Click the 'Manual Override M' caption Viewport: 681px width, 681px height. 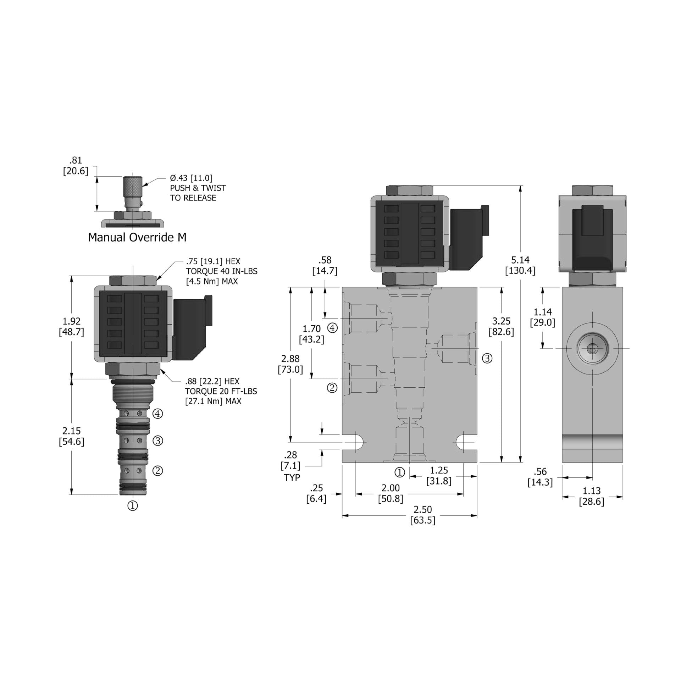137,237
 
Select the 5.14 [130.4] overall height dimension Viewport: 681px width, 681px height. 520,265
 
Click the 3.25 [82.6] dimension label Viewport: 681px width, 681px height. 501,326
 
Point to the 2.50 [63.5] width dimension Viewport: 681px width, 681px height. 422,515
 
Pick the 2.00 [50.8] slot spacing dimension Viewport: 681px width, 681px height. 391,493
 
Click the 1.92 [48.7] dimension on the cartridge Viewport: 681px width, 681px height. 71,327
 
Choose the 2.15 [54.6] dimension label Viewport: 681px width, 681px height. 71,436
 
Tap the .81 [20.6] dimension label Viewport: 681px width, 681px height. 75,166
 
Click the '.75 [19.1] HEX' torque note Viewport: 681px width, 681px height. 221,271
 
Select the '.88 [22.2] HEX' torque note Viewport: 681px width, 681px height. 221,391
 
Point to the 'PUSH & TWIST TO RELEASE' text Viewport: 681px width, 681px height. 198,193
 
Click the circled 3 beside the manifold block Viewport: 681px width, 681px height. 487,359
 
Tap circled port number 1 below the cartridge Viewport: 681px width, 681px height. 132,505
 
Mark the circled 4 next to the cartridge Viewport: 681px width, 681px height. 157,414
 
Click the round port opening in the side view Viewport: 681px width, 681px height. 592,349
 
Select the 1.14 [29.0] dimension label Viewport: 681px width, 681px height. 542,317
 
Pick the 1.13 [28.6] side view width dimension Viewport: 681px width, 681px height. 591,496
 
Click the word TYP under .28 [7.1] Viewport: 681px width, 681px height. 292,477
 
